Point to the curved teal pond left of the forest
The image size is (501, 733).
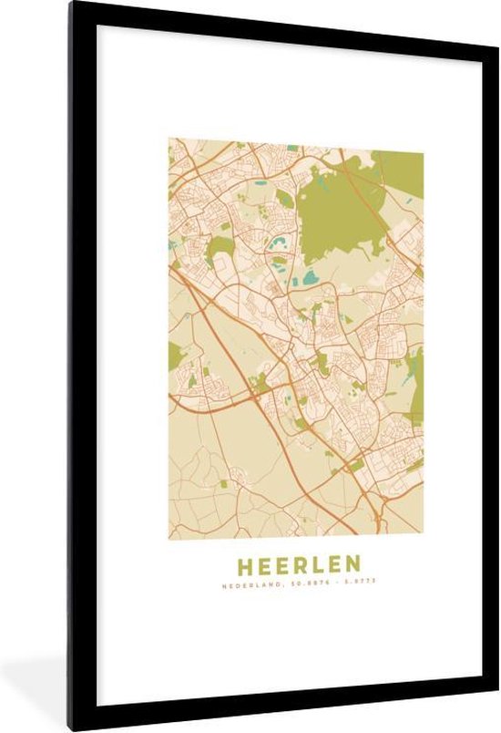pos(276,243)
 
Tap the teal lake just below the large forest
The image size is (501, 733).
pos(311,276)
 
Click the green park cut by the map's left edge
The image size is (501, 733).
pos(175,356)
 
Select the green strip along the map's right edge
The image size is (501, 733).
pos(417,383)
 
